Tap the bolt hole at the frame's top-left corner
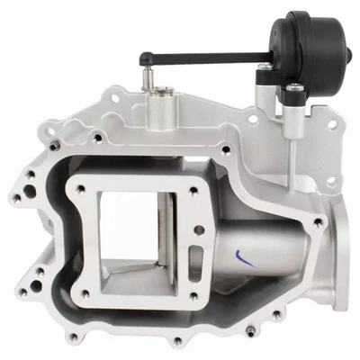tap(82, 187)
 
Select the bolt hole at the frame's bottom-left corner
tap(84, 292)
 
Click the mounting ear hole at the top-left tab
tap(114, 92)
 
